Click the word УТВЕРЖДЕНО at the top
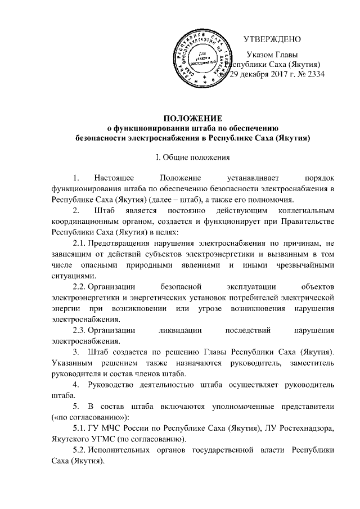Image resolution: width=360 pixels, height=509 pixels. point(272,39)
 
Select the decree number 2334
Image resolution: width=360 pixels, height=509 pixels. point(314,74)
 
